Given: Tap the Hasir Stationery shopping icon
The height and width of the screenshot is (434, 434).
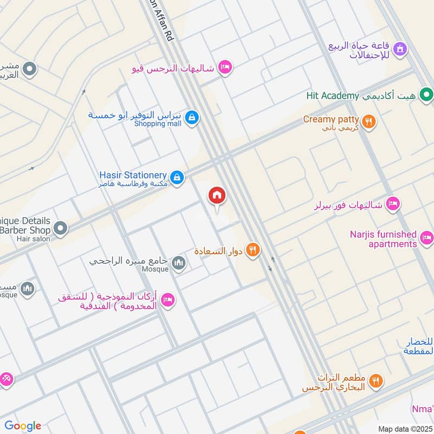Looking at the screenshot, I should tap(177, 177).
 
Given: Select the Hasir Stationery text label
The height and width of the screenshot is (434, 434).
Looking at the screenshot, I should tap(133, 175).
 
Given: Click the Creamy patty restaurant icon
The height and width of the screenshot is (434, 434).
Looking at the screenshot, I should tap(369, 122).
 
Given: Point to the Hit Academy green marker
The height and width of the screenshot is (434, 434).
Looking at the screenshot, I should tap(427, 95).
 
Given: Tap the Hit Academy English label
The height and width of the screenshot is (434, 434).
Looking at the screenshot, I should tap(333, 96).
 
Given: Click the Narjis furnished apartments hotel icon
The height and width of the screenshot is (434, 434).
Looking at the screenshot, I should tap(427, 238).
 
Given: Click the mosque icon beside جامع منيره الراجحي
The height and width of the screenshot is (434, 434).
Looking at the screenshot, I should tap(178, 264).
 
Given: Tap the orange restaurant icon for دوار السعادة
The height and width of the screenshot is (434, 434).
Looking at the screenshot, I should tap(252, 251).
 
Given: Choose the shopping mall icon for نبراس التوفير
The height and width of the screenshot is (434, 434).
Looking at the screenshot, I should tap(192, 117).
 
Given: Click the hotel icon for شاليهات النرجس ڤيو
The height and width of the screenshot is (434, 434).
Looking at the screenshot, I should tap(224, 68).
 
